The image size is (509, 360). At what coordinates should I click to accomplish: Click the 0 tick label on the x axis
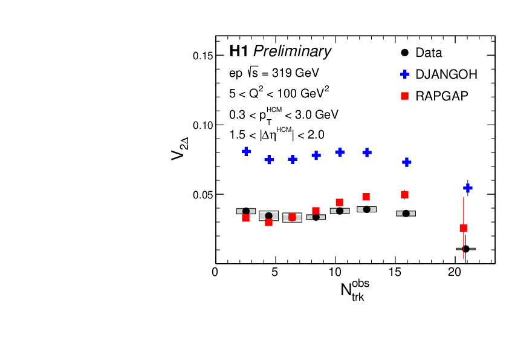click(x=215, y=272)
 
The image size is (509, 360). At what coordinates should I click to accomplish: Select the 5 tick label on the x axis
click(x=275, y=272)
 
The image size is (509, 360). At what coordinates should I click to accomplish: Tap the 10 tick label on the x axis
click(x=335, y=272)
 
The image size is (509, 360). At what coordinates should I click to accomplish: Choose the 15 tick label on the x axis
click(x=395, y=272)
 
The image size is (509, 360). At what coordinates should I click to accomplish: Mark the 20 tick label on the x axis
click(x=455, y=272)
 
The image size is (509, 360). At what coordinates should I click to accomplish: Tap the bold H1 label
click(x=239, y=51)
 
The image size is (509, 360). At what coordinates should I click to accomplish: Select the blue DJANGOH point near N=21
click(x=467, y=188)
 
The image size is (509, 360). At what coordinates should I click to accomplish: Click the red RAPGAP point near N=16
click(x=405, y=195)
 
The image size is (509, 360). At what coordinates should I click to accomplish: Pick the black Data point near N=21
click(x=465, y=249)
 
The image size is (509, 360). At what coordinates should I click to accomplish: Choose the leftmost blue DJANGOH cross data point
click(x=246, y=151)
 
